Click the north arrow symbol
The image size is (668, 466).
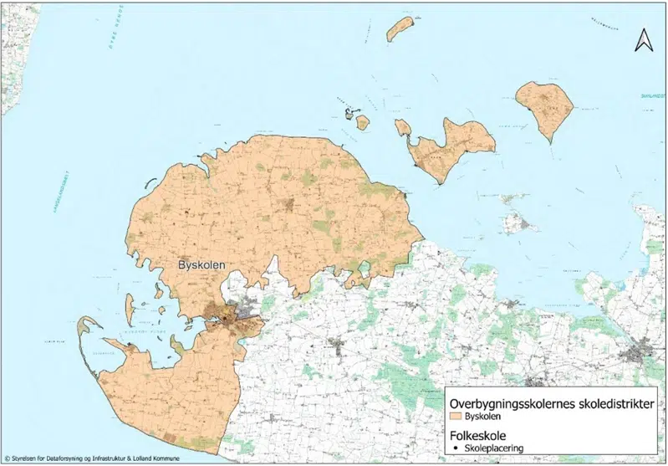pos(643,39)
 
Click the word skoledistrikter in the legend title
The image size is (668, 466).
pos(615,399)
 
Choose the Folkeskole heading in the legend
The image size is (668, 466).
pos(478,434)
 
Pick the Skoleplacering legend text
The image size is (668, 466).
pos(498,448)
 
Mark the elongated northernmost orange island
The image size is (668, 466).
pos(400,28)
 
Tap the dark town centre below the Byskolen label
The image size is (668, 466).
pos(222,316)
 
